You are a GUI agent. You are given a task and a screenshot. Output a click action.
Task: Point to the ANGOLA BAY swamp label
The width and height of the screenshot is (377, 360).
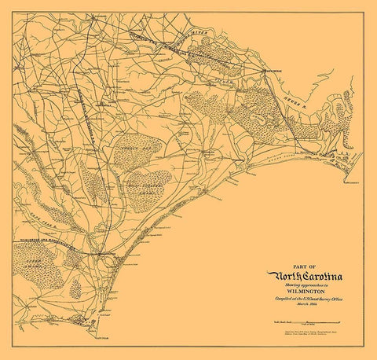click(x=130, y=147)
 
